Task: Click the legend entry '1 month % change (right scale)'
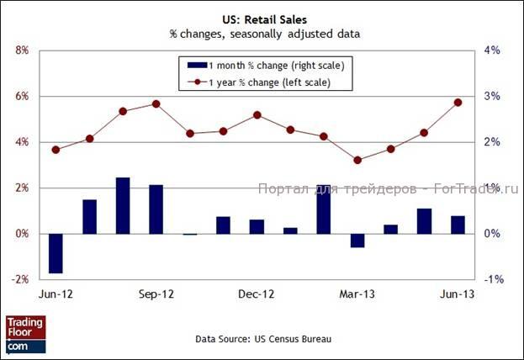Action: point(266,65)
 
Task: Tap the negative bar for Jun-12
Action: point(56,253)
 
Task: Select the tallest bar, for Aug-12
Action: point(123,205)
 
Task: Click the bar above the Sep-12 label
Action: point(156,209)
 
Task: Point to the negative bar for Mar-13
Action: point(357,241)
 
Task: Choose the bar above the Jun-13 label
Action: point(458,225)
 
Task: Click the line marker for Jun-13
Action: point(458,103)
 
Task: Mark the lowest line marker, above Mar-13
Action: point(357,160)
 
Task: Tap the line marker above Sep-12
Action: point(156,104)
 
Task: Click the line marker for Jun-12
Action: point(56,150)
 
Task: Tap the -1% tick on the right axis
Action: point(494,279)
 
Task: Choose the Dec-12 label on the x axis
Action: point(257,295)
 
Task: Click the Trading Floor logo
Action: point(25,333)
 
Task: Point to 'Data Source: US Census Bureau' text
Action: point(263,339)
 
